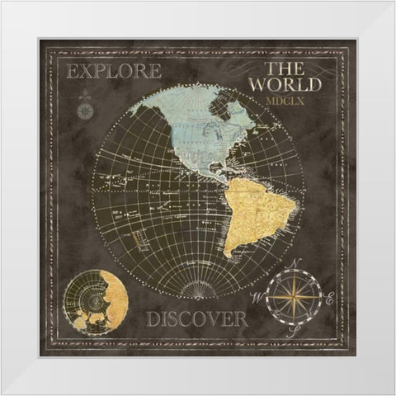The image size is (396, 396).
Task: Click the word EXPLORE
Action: click(x=115, y=72)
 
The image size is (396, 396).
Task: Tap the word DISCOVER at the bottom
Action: click(x=197, y=318)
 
